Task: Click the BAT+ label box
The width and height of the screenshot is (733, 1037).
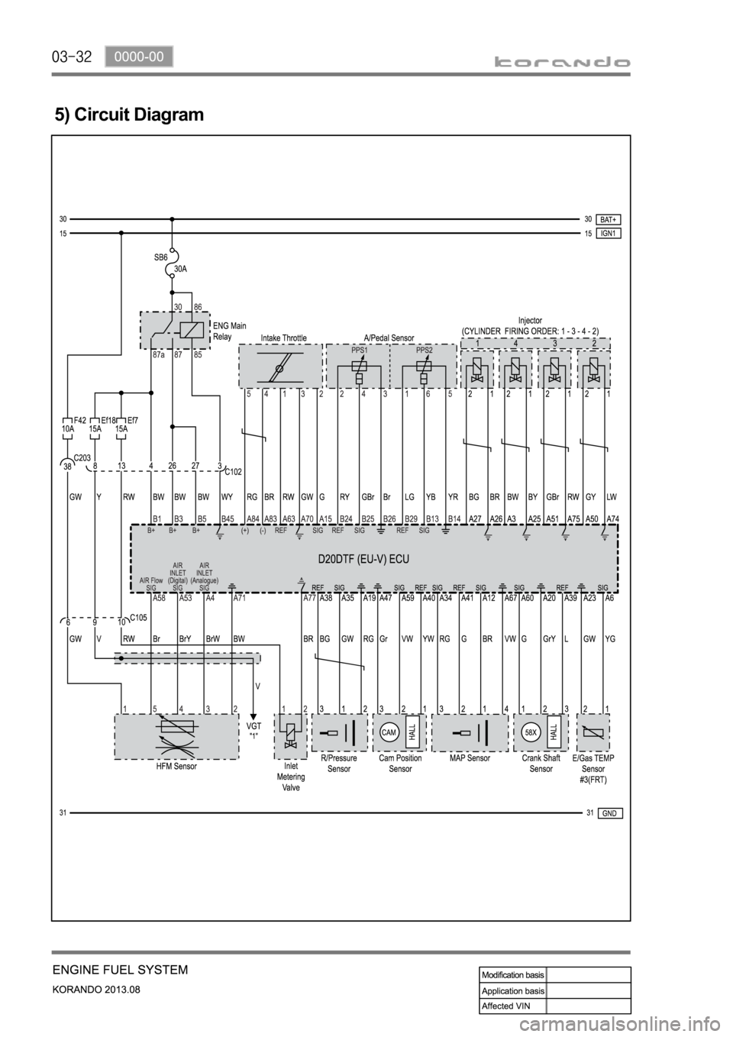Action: tap(609, 219)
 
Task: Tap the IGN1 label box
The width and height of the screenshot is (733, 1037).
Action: tap(609, 233)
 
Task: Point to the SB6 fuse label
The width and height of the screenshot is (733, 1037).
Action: tap(160, 258)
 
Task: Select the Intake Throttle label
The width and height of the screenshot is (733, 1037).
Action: tap(283, 338)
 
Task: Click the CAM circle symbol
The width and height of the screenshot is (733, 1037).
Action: tap(389, 732)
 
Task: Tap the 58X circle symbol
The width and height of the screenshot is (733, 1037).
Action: tap(531, 732)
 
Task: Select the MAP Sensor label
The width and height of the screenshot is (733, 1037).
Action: tap(470, 758)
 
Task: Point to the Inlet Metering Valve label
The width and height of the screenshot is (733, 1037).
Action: tap(291, 777)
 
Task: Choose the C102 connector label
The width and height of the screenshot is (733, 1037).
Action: tap(233, 472)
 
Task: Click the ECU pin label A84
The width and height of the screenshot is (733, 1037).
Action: tap(253, 518)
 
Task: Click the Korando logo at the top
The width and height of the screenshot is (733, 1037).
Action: tap(574, 63)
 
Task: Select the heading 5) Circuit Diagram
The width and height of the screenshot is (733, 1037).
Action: tap(129, 115)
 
